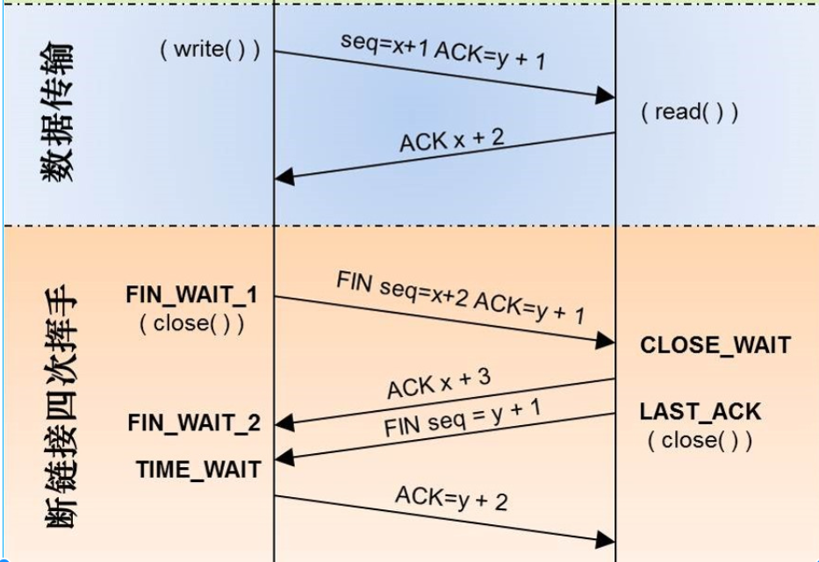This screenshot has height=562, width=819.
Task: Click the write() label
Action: coord(210,50)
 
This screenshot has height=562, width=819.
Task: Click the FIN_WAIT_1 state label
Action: coord(192,295)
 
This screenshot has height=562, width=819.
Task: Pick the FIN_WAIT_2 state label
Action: coord(194,423)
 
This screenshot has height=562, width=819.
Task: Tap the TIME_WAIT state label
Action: coord(198,469)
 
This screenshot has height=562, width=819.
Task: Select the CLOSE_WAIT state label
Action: coord(715,345)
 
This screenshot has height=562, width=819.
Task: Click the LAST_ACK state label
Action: coord(700,411)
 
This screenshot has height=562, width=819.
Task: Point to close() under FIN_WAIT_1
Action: coord(191,323)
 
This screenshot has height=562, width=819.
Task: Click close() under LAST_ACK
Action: coord(700,440)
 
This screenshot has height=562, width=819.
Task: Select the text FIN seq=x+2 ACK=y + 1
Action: coord(461,297)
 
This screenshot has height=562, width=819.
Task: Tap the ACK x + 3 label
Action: coord(439,384)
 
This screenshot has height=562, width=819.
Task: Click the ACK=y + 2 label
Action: coord(450,497)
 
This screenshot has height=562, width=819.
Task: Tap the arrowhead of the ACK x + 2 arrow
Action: coord(284,177)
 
